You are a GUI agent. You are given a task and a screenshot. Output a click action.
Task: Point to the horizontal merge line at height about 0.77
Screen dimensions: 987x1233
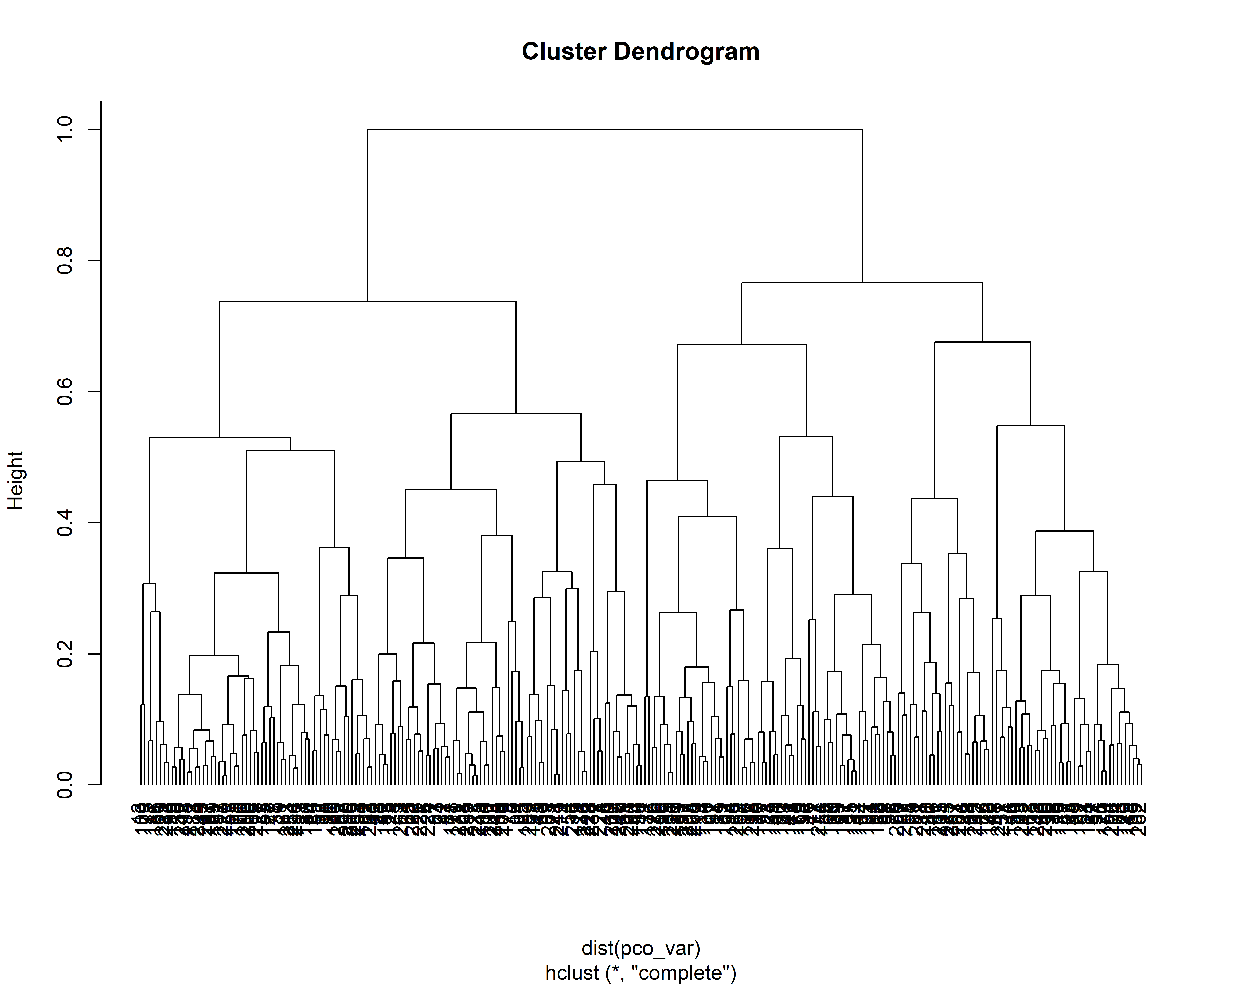(x=862, y=283)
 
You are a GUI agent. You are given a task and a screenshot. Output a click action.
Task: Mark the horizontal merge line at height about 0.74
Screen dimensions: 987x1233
(x=368, y=301)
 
